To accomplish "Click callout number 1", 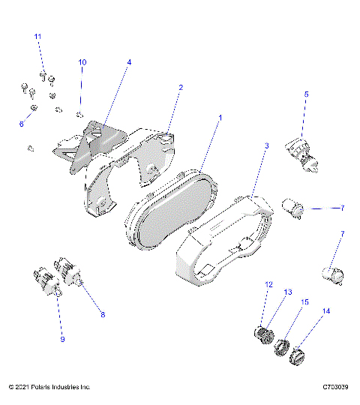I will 220,118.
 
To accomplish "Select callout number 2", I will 180,88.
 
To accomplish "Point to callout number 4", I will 128,63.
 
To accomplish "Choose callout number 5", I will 306,94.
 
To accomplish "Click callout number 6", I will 21,124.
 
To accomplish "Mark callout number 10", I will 82,61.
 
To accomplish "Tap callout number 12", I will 268,284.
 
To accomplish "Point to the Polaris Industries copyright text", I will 49,387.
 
